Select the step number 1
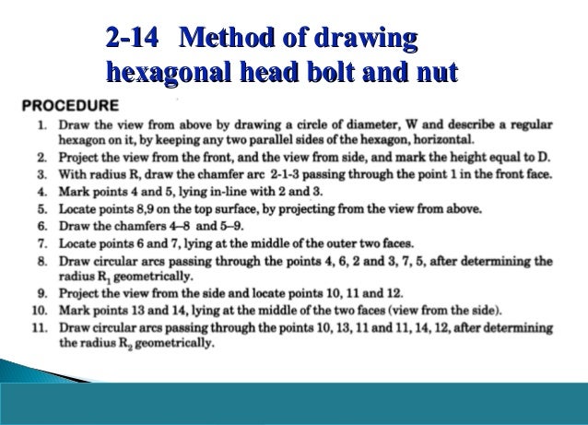click(x=42, y=122)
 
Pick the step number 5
click(x=42, y=209)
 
